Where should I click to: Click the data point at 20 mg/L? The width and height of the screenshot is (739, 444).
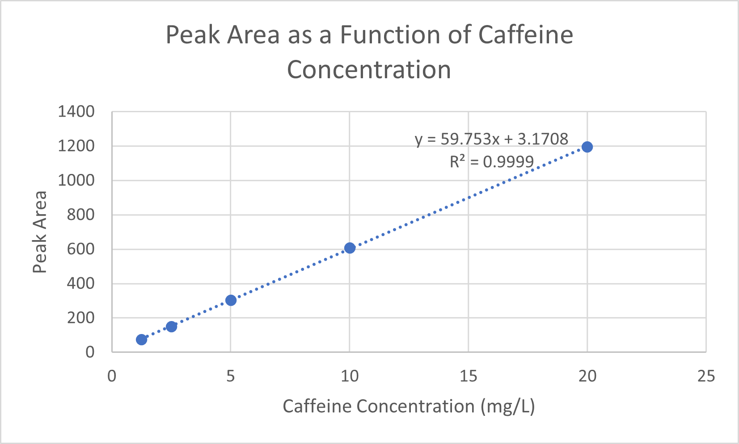pos(587,147)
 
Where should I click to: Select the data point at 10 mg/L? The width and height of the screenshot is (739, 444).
pos(350,248)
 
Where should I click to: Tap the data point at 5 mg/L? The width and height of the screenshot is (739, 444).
pos(231,300)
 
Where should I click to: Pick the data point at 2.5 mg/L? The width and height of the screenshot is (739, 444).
pos(171,326)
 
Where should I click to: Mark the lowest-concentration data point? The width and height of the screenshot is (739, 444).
pos(141,339)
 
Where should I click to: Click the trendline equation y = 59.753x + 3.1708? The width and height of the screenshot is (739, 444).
pos(491,139)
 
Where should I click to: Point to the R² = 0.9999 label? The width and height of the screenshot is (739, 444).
pos(491,161)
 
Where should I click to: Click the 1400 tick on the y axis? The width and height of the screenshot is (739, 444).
pos(76,111)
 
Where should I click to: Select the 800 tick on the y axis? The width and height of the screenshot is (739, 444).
pos(80,215)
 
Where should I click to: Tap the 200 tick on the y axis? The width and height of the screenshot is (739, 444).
pos(80,318)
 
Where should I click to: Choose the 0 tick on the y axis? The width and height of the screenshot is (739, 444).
pos(90,352)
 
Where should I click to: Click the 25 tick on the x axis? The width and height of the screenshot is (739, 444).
pos(706,376)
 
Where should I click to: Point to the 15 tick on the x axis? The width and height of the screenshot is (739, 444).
pos(468,376)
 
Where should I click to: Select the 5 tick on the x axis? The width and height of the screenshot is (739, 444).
pos(230,376)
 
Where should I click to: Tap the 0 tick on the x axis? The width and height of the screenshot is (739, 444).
pos(112,376)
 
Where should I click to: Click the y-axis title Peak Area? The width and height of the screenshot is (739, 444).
pos(40,232)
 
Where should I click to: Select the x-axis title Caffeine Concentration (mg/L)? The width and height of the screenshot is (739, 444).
pos(409,406)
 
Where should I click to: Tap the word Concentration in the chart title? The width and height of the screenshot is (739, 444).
pos(369,70)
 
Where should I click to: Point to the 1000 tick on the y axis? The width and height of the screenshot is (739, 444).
pos(76,180)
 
